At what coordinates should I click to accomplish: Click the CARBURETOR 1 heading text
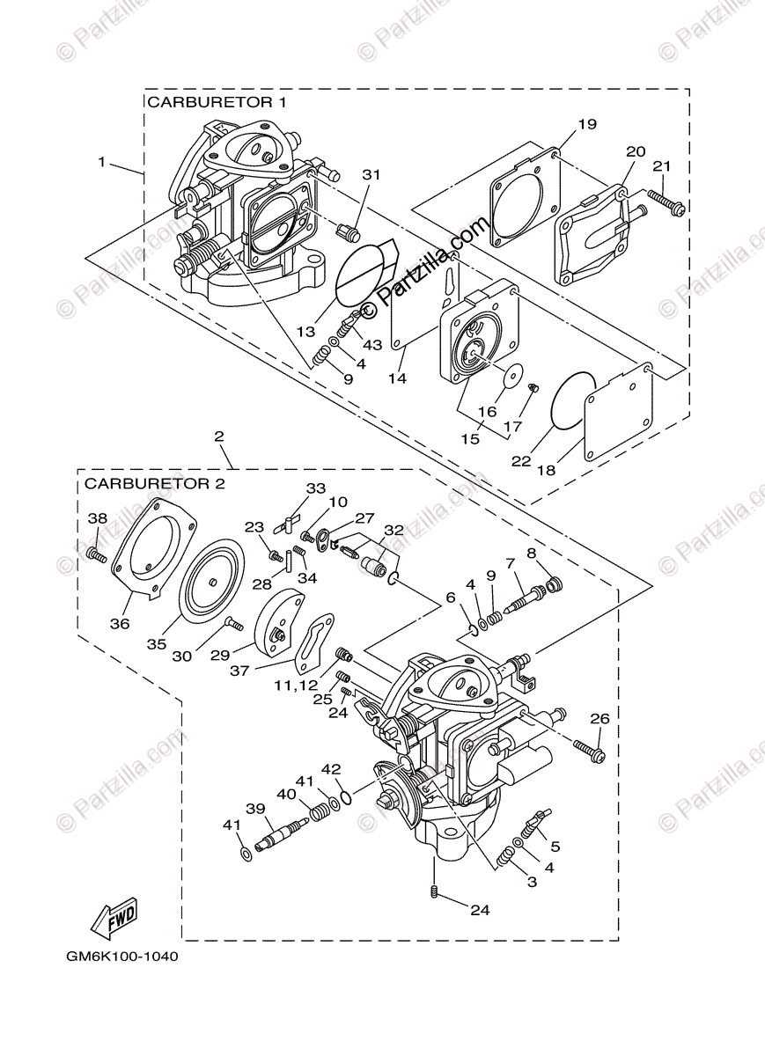217,102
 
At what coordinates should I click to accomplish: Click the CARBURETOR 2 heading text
155,483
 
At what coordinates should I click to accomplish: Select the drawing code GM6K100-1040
121,955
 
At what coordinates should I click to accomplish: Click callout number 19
588,124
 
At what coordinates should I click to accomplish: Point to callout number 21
662,165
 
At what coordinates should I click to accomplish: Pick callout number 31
371,174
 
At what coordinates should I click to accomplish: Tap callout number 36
119,623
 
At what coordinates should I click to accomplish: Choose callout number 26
599,718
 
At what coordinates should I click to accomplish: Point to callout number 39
255,808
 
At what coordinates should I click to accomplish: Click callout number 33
315,488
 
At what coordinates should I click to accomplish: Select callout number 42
330,768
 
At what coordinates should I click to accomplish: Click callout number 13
305,332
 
